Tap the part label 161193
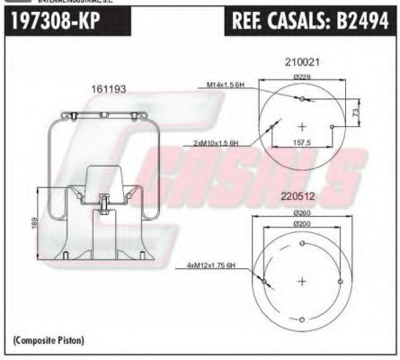click(108, 90)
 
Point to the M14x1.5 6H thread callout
click(227, 85)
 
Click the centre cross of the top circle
click(302, 126)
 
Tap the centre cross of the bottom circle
click(302, 281)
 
